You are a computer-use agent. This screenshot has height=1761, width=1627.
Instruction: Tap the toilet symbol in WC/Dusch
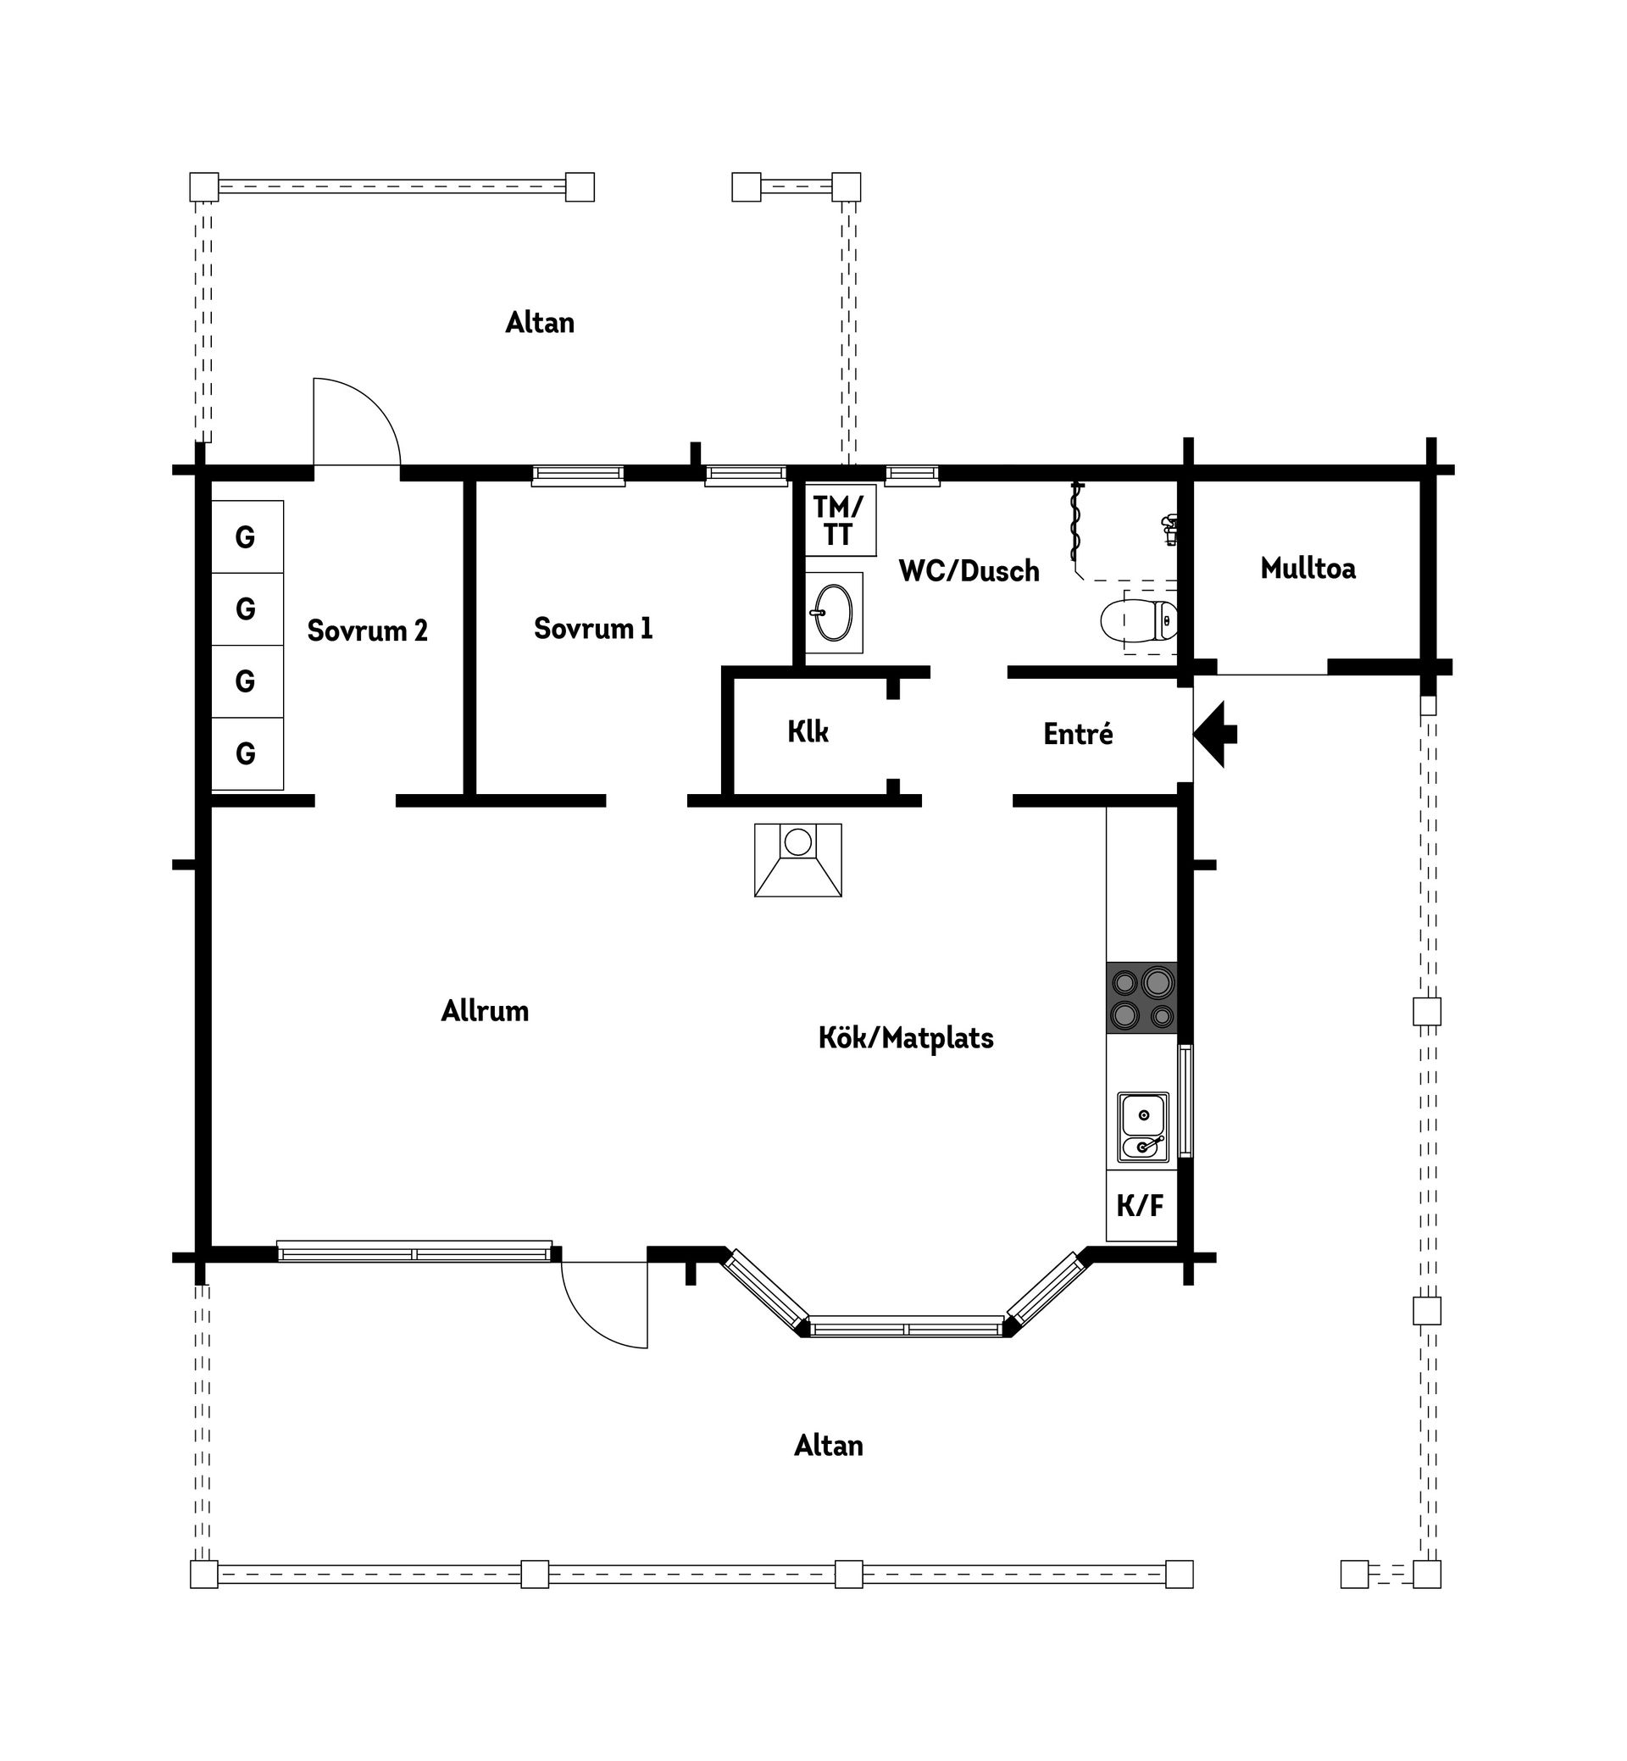click(1139, 622)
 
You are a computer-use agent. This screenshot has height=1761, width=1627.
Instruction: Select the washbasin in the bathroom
click(833, 613)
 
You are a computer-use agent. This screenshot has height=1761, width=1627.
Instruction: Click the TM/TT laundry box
click(840, 520)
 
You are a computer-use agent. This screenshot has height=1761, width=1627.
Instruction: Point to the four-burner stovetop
click(1142, 997)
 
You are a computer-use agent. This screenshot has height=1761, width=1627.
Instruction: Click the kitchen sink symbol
click(1143, 1127)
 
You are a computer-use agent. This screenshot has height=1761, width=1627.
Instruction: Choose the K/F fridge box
click(1141, 1205)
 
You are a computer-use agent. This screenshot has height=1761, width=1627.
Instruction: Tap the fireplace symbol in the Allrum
click(797, 860)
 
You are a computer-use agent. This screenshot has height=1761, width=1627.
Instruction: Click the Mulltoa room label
click(1308, 569)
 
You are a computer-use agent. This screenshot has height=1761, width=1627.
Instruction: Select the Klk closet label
click(808, 731)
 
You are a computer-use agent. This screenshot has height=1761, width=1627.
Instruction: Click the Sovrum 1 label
click(592, 629)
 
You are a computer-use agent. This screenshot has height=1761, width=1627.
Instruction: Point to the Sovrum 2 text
click(367, 631)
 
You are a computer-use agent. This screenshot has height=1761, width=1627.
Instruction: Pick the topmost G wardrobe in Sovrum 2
click(247, 537)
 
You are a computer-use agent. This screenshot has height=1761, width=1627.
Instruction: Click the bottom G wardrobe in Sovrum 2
click(247, 753)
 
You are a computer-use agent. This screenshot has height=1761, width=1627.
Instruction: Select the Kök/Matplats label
click(906, 1038)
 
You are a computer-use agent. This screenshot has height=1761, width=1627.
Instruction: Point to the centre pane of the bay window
click(906, 1326)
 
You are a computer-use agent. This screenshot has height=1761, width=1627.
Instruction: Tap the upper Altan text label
click(540, 323)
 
